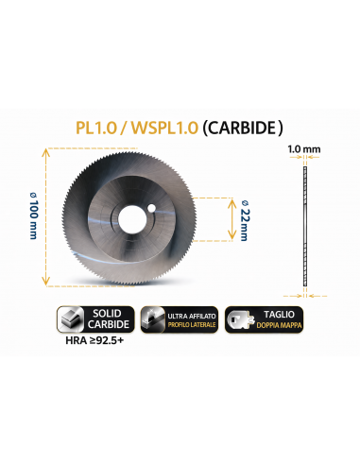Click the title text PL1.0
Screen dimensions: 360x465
(x=96, y=128)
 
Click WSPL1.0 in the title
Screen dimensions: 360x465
(x=164, y=128)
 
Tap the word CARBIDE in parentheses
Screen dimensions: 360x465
(x=242, y=128)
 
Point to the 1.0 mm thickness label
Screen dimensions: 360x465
(x=304, y=149)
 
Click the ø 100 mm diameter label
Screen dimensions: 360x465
(x=33, y=215)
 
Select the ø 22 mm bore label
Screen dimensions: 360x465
(x=244, y=220)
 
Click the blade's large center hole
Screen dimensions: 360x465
(x=132, y=219)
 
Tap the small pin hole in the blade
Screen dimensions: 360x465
(x=152, y=208)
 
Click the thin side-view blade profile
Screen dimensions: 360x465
(x=305, y=226)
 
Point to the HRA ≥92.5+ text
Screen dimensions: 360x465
(x=94, y=340)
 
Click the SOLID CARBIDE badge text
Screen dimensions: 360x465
(x=108, y=319)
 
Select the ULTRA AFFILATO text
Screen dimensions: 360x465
(x=192, y=316)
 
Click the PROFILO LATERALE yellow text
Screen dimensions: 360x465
(x=192, y=325)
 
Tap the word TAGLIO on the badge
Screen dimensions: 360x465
(x=279, y=315)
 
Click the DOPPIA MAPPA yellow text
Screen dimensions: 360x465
(x=279, y=325)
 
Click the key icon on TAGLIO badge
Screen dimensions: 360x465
(x=241, y=319)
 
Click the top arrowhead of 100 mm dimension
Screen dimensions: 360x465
(x=46, y=152)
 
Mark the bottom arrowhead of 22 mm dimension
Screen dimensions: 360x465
(x=231, y=235)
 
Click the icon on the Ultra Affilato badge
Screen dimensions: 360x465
(x=153, y=319)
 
